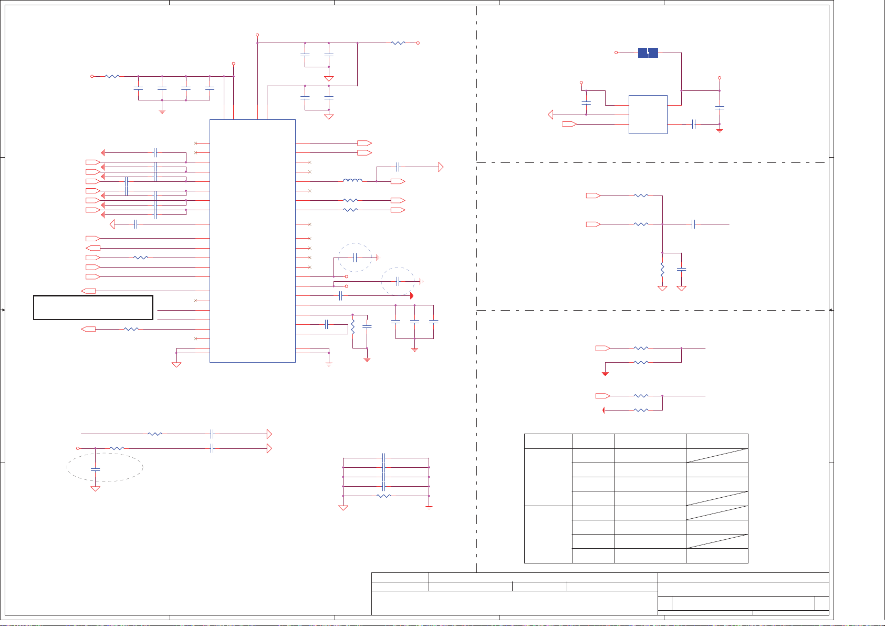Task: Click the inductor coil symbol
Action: point(352,181)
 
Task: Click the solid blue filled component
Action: point(648,53)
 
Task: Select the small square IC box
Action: point(648,114)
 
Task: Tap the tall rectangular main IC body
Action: point(252,241)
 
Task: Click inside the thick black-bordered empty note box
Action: point(93,307)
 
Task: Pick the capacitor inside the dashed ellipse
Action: point(95,468)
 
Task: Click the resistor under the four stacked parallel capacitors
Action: point(384,496)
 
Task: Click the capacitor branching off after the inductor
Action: point(398,167)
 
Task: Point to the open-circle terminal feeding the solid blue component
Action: point(617,53)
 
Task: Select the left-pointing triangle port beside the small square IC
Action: point(550,115)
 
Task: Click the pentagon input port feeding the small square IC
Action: point(569,124)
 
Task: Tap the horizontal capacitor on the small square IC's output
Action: point(694,124)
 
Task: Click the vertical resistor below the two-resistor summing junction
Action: point(662,270)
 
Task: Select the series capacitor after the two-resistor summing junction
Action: point(694,224)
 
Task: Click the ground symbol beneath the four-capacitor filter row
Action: point(162,111)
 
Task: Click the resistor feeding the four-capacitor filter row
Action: point(112,76)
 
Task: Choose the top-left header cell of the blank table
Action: point(548,441)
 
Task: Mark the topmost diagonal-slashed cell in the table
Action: point(717,455)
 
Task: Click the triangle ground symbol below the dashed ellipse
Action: point(95,488)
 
